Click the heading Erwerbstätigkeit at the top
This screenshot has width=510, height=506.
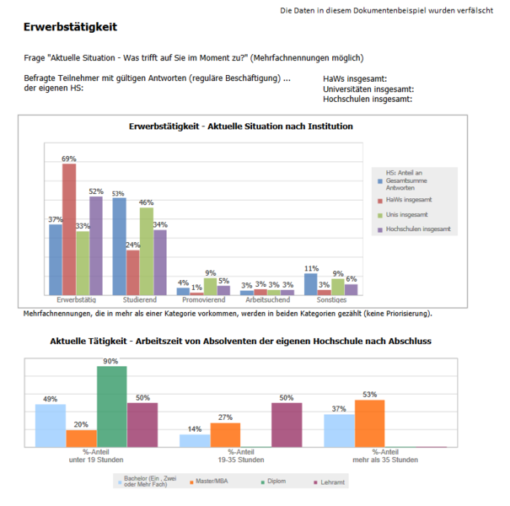tap(70, 28)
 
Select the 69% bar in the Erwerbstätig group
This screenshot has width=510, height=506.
tap(69, 228)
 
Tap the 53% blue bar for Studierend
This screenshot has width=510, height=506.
tap(120, 245)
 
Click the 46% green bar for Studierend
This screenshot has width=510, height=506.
tap(147, 250)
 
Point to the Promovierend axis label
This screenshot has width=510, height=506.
tap(203, 299)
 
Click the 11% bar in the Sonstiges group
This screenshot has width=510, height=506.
tap(310, 283)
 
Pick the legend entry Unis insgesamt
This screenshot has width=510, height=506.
tap(408, 215)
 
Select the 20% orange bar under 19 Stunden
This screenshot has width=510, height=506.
tap(81, 439)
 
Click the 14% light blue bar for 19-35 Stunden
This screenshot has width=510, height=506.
tap(195, 440)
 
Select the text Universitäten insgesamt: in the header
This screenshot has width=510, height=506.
tap(368, 89)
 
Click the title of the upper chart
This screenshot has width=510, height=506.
tap(241, 126)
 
